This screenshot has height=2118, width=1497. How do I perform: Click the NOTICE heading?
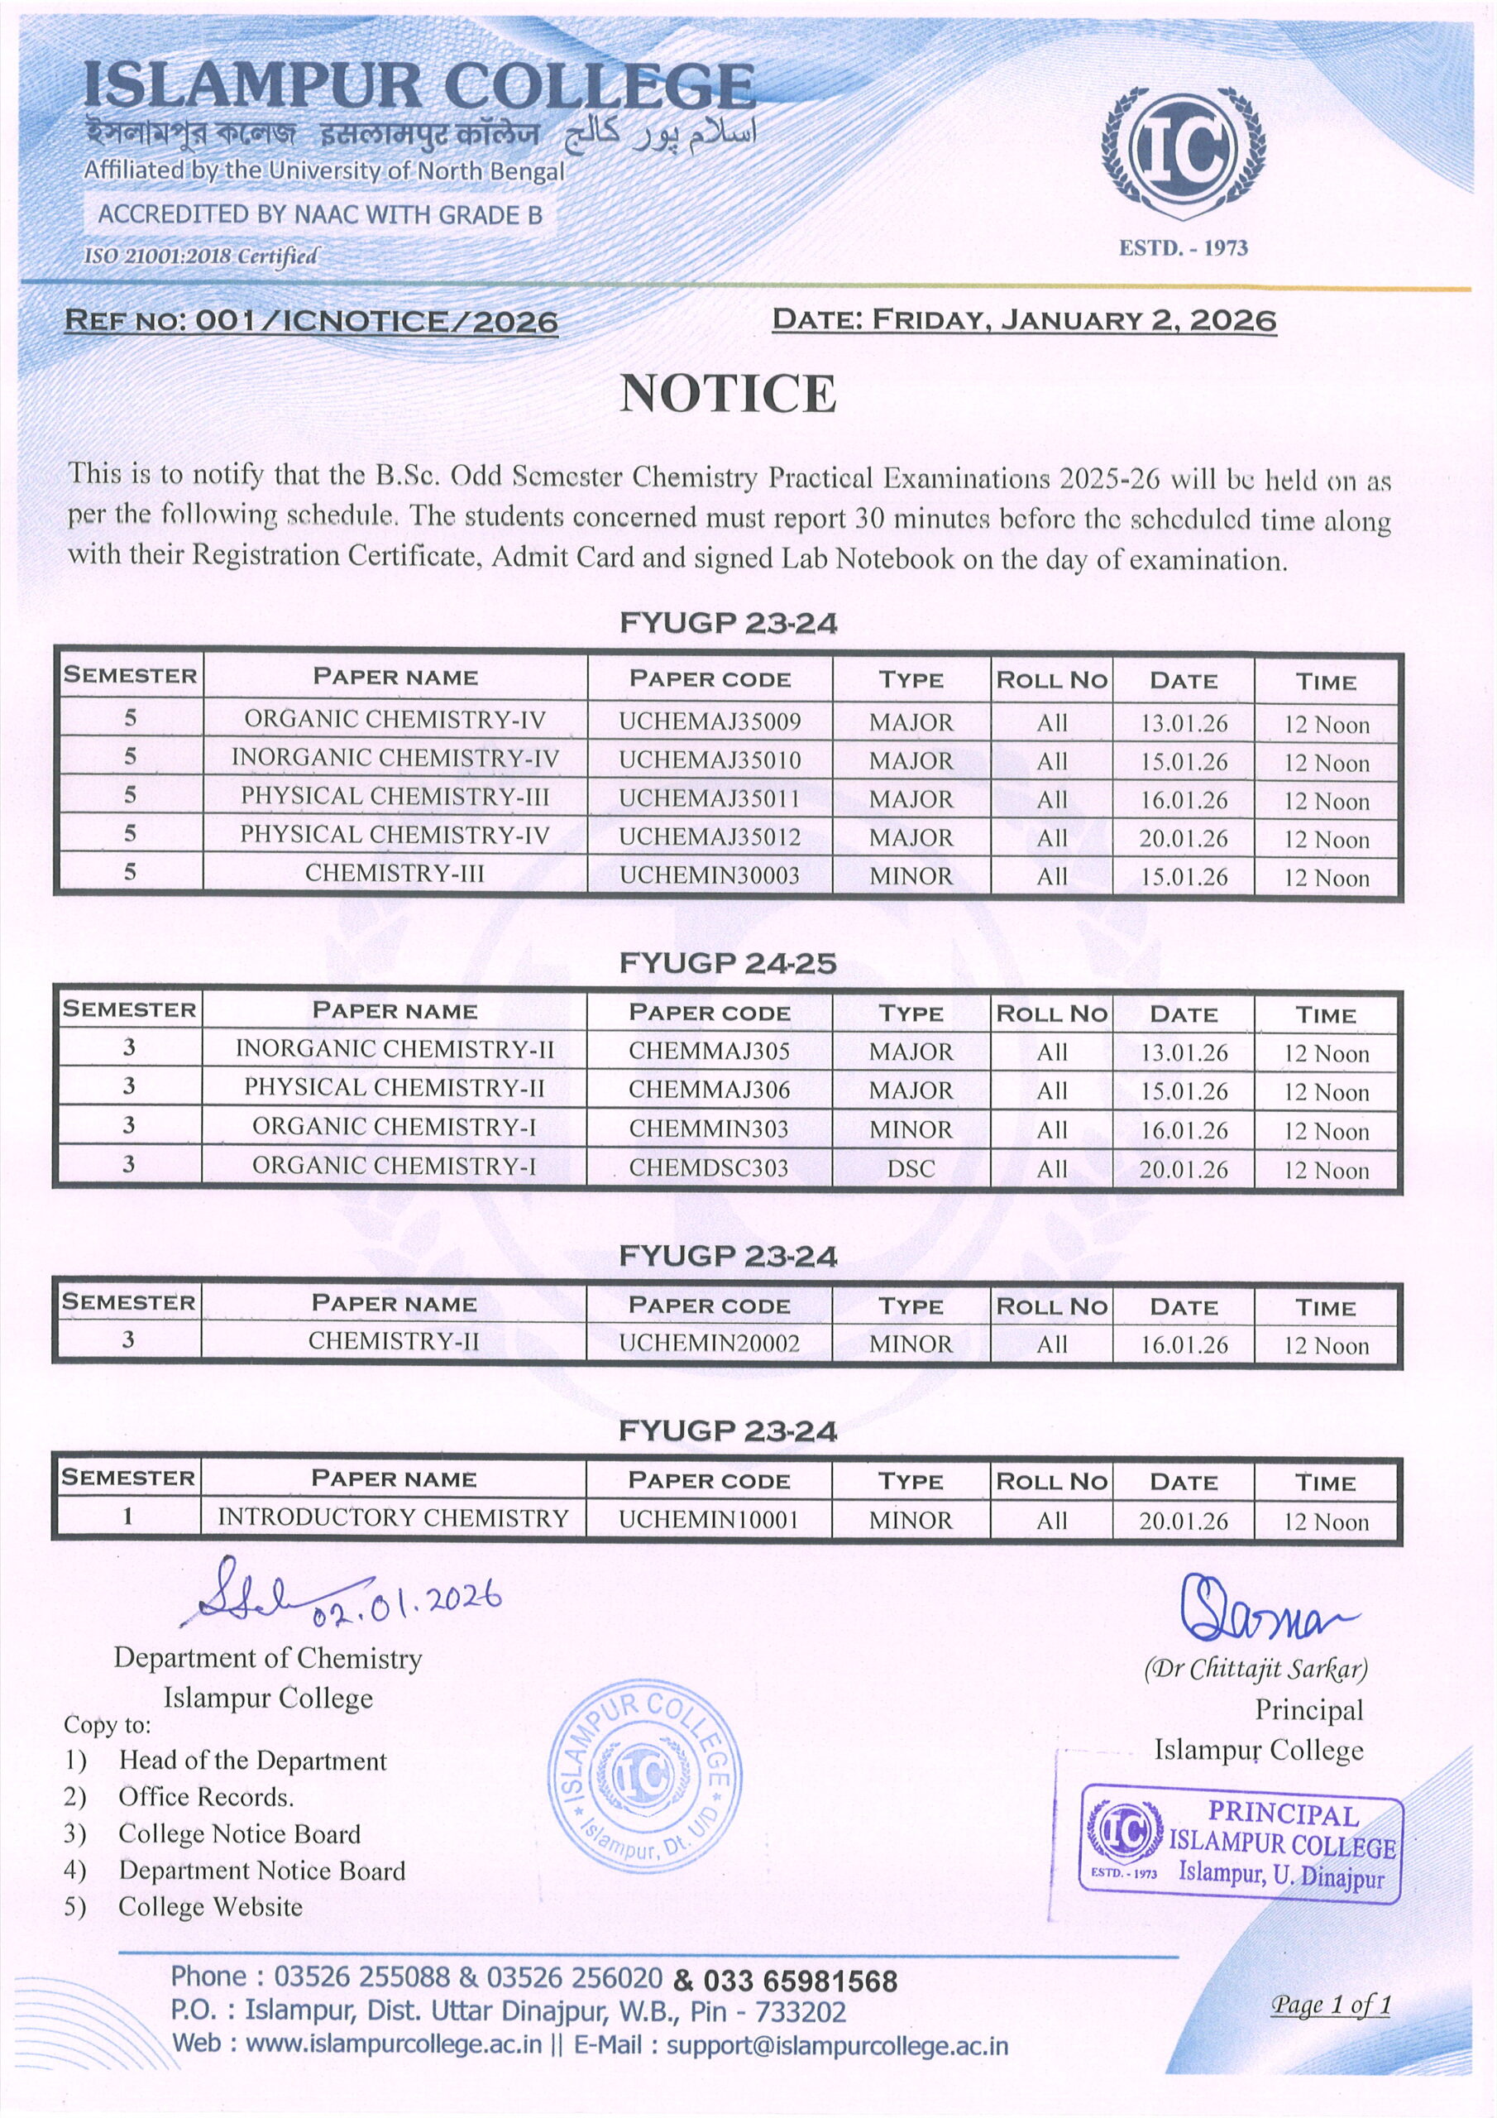pyautogui.click(x=728, y=394)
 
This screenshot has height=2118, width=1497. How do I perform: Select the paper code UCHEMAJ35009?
pyautogui.click(x=710, y=721)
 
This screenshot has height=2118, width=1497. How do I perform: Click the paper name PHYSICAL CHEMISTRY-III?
pyautogui.click(x=395, y=796)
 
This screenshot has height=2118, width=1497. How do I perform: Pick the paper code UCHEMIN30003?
pyautogui.click(x=710, y=875)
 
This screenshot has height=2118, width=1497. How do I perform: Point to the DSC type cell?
pyautogui.click(x=911, y=1169)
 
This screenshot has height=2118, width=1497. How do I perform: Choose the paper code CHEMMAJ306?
pyautogui.click(x=710, y=1090)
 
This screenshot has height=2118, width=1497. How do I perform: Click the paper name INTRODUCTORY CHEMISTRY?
pyautogui.click(x=393, y=1517)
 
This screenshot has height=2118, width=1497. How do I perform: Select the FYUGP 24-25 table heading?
pyautogui.click(x=728, y=963)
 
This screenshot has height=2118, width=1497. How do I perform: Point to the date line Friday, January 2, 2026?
pyautogui.click(x=1024, y=320)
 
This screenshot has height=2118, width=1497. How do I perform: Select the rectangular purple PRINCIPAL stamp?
pyautogui.click(x=1241, y=1845)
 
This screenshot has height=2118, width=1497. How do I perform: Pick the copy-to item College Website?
pyautogui.click(x=210, y=1907)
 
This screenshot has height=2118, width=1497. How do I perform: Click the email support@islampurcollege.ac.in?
pyautogui.click(x=837, y=2046)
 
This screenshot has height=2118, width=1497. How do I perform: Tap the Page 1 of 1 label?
pyautogui.click(x=1330, y=2004)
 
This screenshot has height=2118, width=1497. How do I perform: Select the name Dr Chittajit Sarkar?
pyautogui.click(x=1255, y=1669)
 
